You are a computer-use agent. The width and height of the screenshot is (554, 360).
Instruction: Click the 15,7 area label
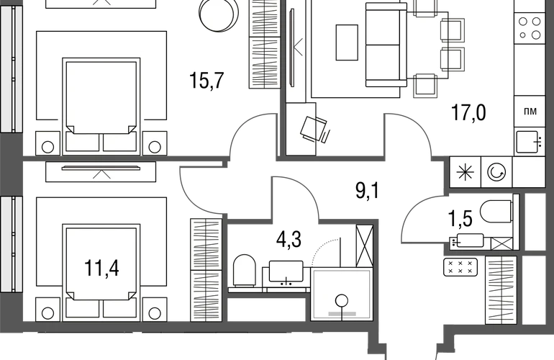206,80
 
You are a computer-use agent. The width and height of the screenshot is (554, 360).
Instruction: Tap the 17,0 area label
468,113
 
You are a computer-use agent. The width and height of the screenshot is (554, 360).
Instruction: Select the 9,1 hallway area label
368,191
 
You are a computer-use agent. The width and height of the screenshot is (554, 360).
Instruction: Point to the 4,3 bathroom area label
289,240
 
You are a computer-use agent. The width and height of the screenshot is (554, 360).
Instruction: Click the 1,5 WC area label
460,219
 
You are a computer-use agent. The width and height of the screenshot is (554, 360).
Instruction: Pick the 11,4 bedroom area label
101,268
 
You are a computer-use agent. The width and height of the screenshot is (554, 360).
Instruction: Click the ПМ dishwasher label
531,112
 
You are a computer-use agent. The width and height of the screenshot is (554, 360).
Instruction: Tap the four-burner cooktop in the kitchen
530,28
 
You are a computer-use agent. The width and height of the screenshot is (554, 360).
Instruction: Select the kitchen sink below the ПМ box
529,142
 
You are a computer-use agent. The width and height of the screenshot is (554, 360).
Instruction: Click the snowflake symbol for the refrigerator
465,173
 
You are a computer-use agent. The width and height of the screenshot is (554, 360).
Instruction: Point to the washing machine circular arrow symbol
496,173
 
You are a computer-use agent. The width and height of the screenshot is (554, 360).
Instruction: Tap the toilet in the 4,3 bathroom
244,271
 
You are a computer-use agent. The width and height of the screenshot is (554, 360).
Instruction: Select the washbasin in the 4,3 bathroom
286,272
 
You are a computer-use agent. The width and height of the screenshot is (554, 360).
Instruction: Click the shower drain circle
341,300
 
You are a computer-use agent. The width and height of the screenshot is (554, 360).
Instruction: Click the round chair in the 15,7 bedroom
218,15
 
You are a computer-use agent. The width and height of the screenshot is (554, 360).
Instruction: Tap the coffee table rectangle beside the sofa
347,42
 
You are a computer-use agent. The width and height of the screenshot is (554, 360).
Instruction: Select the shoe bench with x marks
460,267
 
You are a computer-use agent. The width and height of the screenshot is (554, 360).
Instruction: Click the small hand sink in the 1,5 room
466,240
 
